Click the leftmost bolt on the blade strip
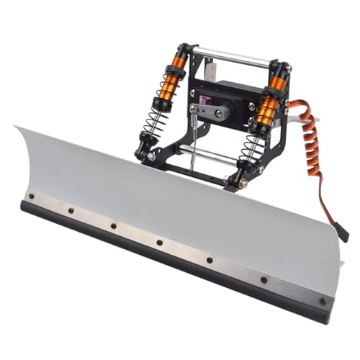[31, 196]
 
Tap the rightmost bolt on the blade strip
[322, 301]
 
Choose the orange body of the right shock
[269, 108]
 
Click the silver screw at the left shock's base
[152, 156]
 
